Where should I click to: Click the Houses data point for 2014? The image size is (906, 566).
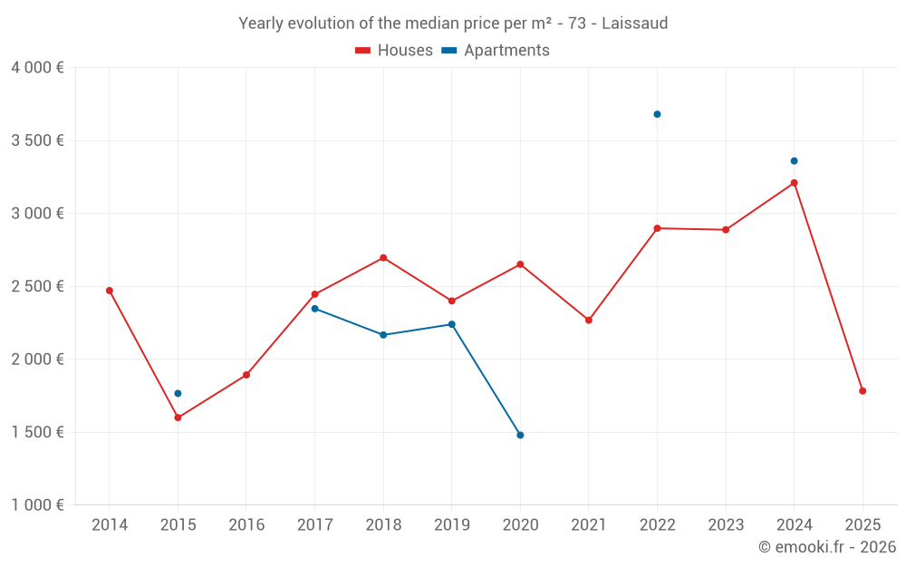tap(110, 291)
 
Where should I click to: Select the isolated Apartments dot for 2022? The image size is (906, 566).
tap(657, 114)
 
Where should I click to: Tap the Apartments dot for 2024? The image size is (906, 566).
tap(794, 161)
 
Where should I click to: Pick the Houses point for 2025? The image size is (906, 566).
tap(863, 391)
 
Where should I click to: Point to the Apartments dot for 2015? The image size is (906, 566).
tap(178, 393)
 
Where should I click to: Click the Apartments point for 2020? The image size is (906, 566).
tap(520, 435)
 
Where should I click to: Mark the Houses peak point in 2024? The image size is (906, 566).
tap(794, 183)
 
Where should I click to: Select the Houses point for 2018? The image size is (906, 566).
tap(383, 258)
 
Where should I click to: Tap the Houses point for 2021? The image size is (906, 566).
tap(589, 320)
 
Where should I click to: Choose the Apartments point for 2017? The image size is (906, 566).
tap(314, 309)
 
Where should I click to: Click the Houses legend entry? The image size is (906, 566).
tap(394, 51)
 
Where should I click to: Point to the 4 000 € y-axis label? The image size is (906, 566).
tap(37, 68)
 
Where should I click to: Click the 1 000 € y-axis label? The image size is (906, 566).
tap(37, 505)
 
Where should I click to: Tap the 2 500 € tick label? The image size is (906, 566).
tap(37, 286)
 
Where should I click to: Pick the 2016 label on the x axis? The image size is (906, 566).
tap(246, 525)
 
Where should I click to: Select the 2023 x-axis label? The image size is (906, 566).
tap(726, 525)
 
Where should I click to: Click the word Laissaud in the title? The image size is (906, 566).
tap(634, 24)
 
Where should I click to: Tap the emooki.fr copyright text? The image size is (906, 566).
tap(826, 547)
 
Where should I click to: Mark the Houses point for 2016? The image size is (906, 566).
tap(246, 375)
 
